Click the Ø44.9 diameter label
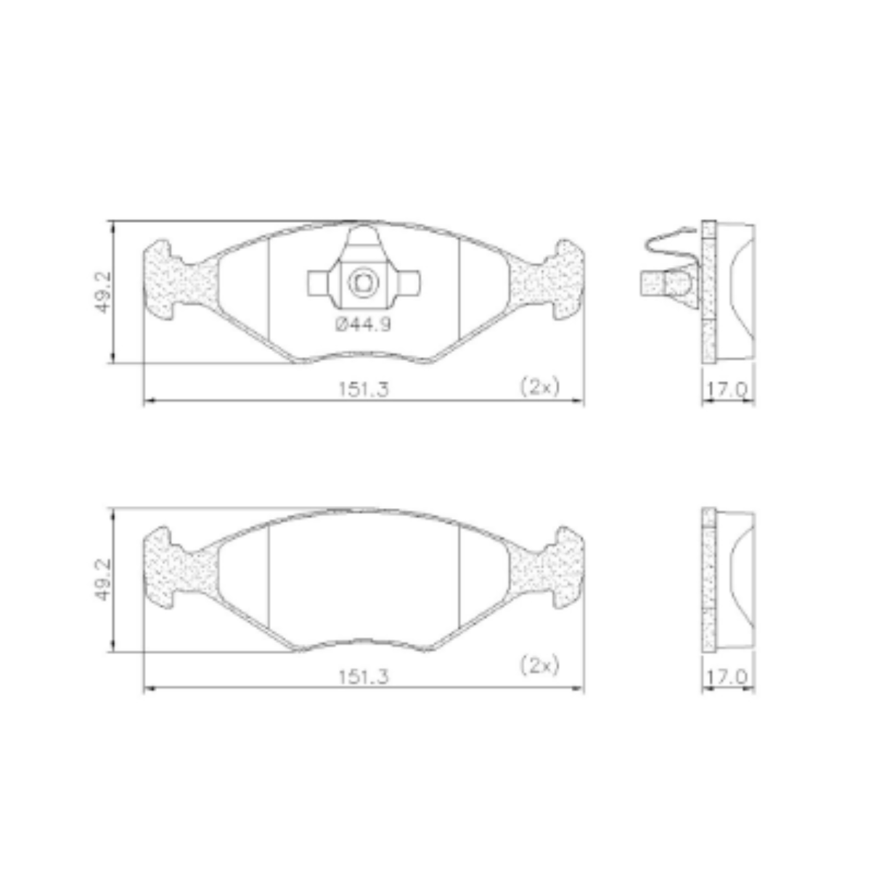point(363,324)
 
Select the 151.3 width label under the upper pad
point(364,389)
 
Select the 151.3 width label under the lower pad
point(364,676)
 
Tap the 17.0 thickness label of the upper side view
point(727,390)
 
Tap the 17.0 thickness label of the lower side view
point(727,676)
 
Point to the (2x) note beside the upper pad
point(540,387)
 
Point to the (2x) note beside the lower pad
point(540,666)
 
